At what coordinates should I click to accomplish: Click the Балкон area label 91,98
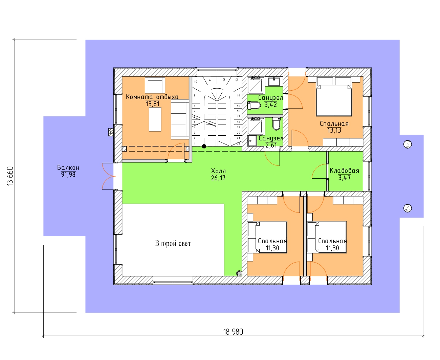point(68,175)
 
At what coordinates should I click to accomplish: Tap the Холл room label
point(218,171)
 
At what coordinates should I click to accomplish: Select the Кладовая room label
point(344,171)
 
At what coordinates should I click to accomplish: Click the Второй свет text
point(173,243)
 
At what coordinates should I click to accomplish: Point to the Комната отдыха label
point(152,97)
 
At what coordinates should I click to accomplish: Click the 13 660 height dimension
point(10,176)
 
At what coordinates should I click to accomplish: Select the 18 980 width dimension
point(233,332)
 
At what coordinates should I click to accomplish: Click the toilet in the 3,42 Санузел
point(254,106)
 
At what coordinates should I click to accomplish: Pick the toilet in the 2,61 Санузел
point(276,124)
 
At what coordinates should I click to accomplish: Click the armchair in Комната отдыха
point(155,85)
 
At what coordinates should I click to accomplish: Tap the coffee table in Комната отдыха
point(155,119)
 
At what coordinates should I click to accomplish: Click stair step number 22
point(239,143)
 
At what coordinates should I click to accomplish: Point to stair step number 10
point(196,82)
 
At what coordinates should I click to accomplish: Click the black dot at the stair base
point(204,147)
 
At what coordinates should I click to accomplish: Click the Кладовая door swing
point(319,171)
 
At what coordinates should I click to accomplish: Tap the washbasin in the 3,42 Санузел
point(274,82)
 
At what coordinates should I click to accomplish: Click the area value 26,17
point(218,178)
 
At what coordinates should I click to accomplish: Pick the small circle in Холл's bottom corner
point(239,273)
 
